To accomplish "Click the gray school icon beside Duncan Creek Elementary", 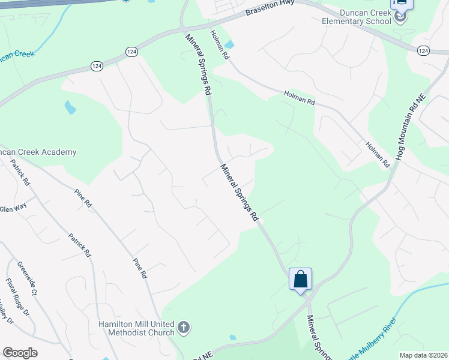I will [400, 18].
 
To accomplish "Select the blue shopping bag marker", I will [300, 280].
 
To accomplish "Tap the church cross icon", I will [184, 328].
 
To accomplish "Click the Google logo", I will [20, 353].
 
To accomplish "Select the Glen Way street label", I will [13, 209].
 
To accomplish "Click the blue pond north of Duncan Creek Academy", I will [70, 107].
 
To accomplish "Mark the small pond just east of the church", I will [232, 337].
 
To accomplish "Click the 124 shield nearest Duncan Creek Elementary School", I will [423, 51].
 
